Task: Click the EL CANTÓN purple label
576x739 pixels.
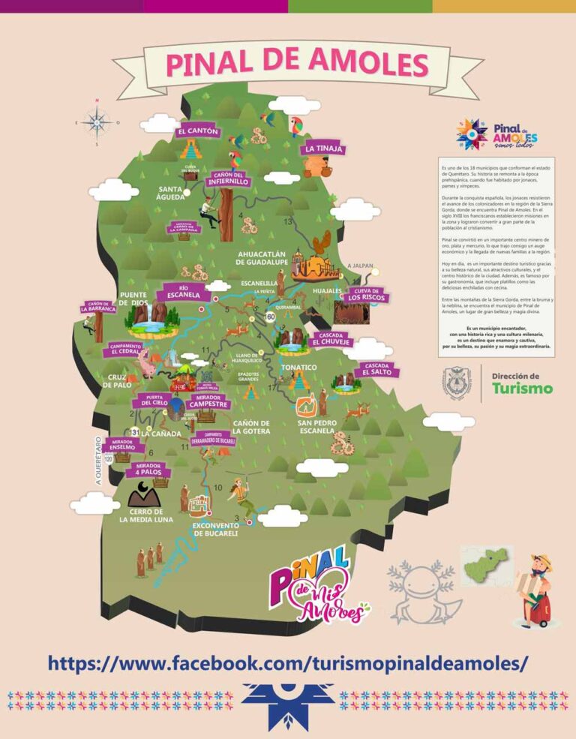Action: (x=199, y=131)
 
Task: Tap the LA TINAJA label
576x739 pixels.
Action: (x=324, y=149)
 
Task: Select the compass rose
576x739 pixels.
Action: (x=97, y=122)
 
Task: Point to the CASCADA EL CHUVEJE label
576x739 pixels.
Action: (x=331, y=339)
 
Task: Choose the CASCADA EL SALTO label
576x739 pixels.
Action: (x=376, y=368)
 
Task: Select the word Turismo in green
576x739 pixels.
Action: (x=522, y=388)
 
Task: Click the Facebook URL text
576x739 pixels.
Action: (x=288, y=662)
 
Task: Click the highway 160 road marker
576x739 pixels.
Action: (x=270, y=317)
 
